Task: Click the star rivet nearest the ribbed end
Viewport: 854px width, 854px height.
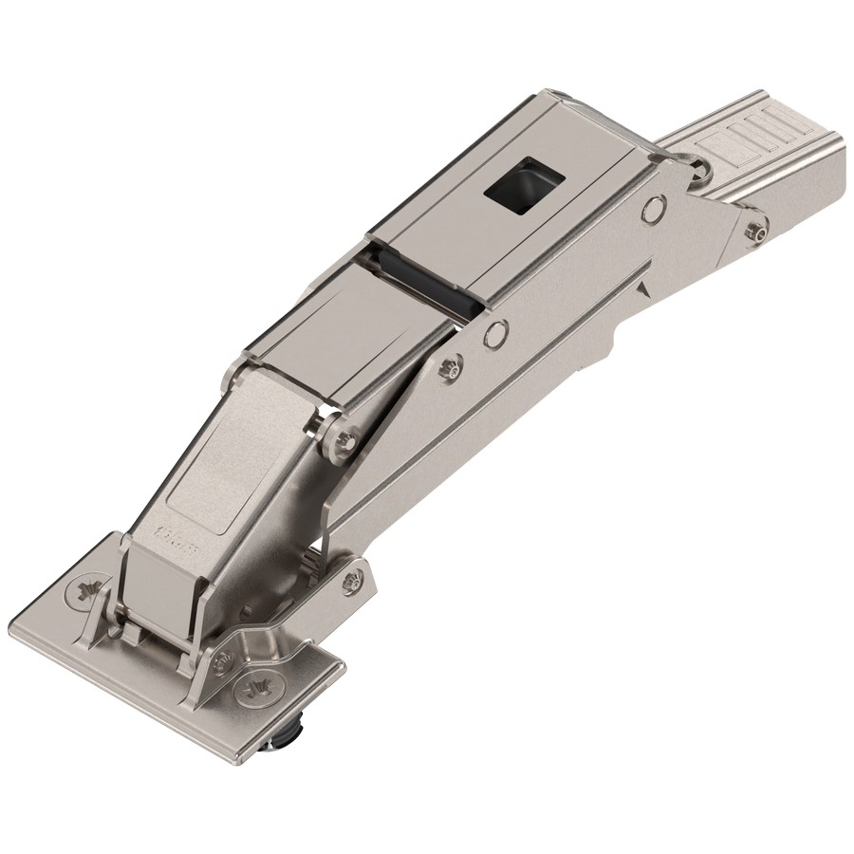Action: [756, 231]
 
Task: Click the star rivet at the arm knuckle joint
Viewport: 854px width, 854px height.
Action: [346, 437]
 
